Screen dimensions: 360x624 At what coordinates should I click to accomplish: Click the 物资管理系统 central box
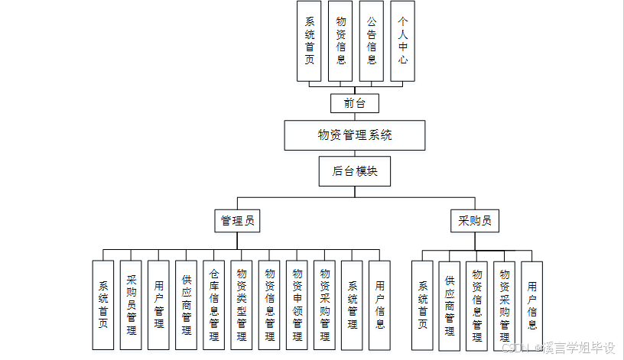tap(354, 135)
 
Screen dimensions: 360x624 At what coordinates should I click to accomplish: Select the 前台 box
tap(354, 102)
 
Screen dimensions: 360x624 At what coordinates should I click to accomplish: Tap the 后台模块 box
tap(354, 171)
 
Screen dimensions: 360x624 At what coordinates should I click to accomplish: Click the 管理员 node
tap(237, 222)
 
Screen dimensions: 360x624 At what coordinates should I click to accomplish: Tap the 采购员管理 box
tap(131, 305)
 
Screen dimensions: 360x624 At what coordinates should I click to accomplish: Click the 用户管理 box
tap(158, 305)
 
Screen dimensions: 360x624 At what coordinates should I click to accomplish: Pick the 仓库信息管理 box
tap(213, 305)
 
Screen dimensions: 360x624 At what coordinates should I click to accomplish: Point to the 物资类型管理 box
tap(241, 305)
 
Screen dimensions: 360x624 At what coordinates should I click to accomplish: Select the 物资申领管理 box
tap(297, 305)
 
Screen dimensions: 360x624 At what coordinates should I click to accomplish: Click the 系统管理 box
tap(352, 305)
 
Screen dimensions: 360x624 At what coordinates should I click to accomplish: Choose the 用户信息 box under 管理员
tap(379, 305)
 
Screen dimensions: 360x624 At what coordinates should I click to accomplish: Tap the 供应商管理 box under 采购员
tap(449, 305)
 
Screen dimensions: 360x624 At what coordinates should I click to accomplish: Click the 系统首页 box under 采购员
tap(422, 305)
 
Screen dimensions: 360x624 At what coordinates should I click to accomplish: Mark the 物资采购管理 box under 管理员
tap(324, 305)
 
